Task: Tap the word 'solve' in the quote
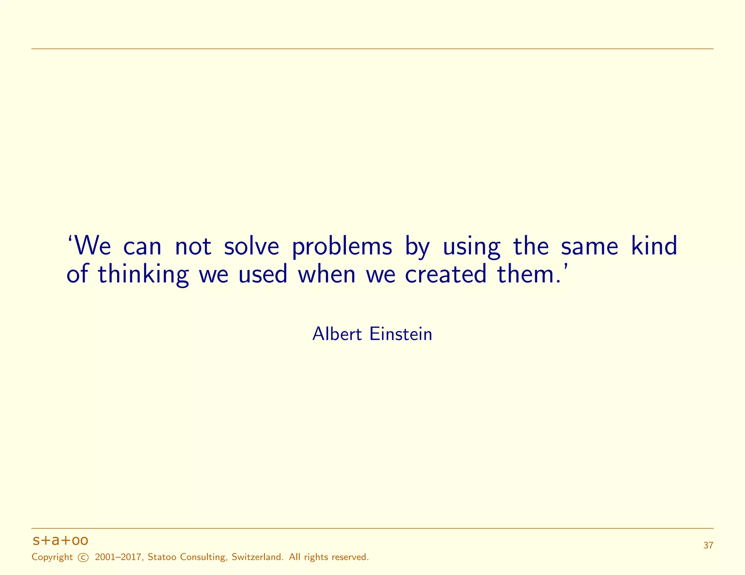[251, 246]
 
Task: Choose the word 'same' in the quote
[589, 247]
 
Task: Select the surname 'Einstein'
[401, 334]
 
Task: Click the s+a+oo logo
[60, 541]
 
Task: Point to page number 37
[708, 546]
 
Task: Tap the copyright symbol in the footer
[83, 558]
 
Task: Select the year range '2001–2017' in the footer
[118, 557]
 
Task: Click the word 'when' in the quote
[327, 274]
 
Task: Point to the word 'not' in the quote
[193, 247]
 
